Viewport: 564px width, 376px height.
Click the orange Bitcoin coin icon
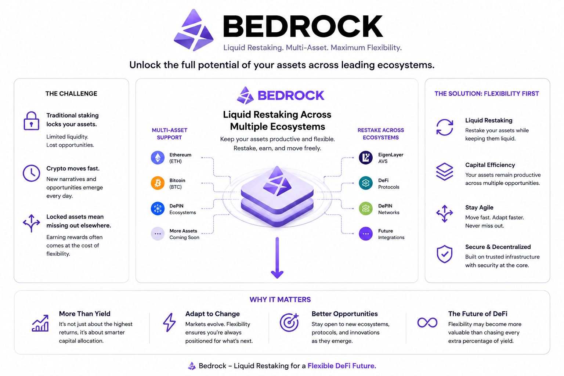coord(158,183)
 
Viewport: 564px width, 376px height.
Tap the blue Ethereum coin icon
coord(158,158)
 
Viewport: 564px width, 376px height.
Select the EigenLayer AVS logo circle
coord(366,158)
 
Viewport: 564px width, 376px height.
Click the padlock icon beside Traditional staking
coord(32,121)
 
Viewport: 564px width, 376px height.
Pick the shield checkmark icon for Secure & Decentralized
coord(445,254)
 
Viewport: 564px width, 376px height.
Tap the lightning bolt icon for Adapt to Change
coord(169,322)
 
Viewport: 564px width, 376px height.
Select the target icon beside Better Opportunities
coord(289,322)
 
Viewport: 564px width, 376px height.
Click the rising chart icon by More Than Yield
coord(40,323)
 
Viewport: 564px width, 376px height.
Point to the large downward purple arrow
coord(277,258)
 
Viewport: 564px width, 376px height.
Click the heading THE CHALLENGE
coord(71,94)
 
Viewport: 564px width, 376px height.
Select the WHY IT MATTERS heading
coord(280,299)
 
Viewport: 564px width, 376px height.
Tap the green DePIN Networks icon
coord(366,209)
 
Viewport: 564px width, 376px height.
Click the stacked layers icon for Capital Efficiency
coord(445,171)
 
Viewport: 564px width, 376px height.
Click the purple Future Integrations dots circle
coord(366,234)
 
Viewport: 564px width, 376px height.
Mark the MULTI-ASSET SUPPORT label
coord(169,134)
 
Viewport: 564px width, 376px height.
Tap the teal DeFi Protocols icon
coord(366,183)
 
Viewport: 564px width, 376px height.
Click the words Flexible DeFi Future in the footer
coord(342,366)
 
